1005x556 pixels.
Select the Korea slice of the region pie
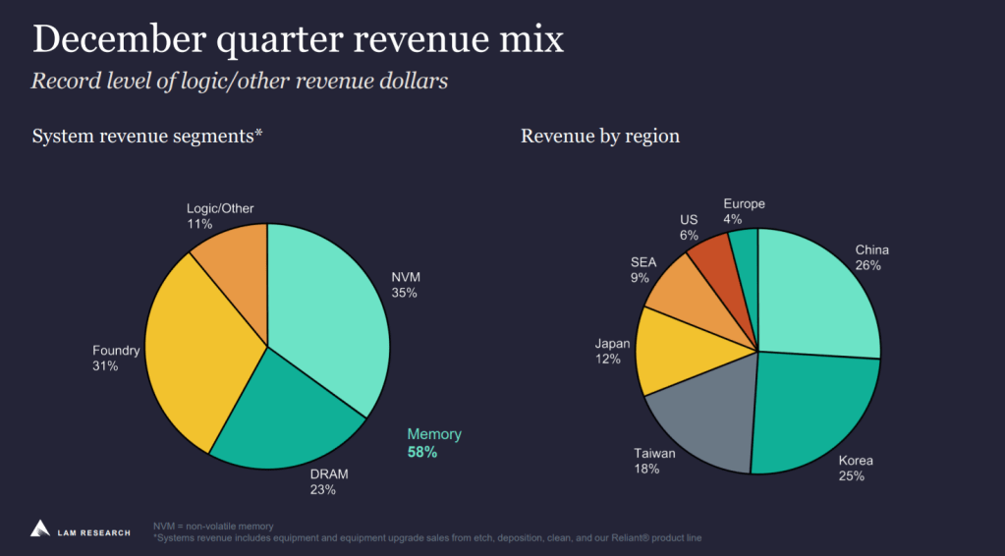pos(815,413)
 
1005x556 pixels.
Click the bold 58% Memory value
pos(422,453)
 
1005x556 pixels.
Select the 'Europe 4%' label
pos(743,211)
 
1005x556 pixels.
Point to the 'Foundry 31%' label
pos(116,359)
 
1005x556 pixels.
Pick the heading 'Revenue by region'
pos(599,136)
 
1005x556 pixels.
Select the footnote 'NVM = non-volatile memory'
pos(213,527)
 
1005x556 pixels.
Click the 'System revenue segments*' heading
pos(147,136)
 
